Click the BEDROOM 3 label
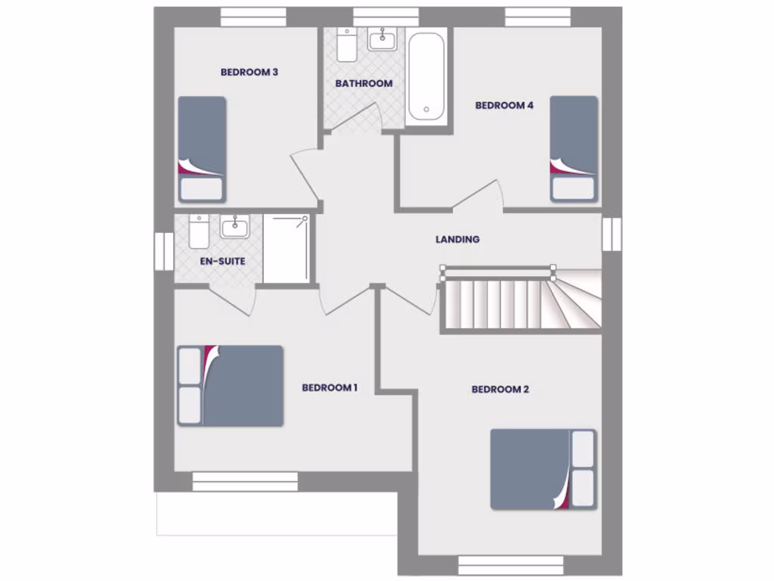point(249,73)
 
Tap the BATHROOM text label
point(364,83)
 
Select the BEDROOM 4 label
point(504,106)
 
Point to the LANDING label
point(457,240)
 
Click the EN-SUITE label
point(222,261)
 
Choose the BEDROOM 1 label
point(330,388)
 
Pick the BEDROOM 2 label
point(500,390)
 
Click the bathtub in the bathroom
point(426,77)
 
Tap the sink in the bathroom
point(385,39)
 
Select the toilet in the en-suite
point(199,231)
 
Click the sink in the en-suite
point(235,225)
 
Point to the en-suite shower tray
point(286,249)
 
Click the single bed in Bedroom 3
point(202,148)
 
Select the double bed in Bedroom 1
point(231,386)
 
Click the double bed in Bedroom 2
point(543,470)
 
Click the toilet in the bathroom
point(348,45)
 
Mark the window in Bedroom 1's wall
point(245,481)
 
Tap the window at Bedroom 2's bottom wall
point(511,565)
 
